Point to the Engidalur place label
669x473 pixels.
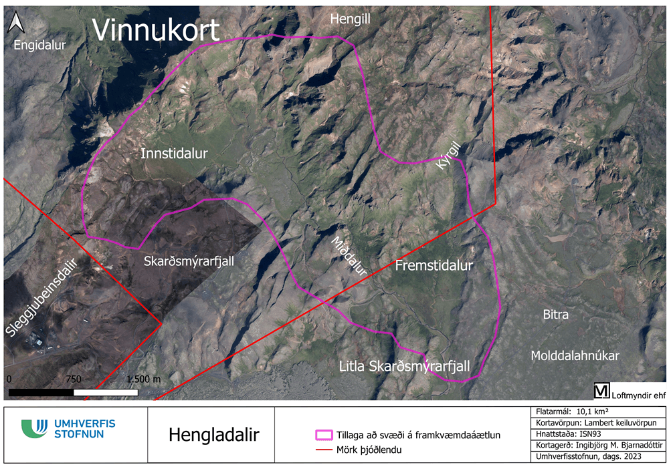pyautogui.click(x=40, y=45)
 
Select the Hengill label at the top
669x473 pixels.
pyautogui.click(x=350, y=21)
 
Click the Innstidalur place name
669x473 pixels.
pyautogui.click(x=175, y=154)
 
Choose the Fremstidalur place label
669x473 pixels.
pyautogui.click(x=434, y=265)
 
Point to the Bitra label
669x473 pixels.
pyautogui.click(x=555, y=314)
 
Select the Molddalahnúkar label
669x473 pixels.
pyautogui.click(x=575, y=355)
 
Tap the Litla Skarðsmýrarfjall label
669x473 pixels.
pyautogui.click(x=405, y=367)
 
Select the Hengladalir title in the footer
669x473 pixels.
pyautogui.click(x=213, y=435)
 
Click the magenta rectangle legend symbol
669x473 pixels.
pyautogui.click(x=324, y=435)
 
